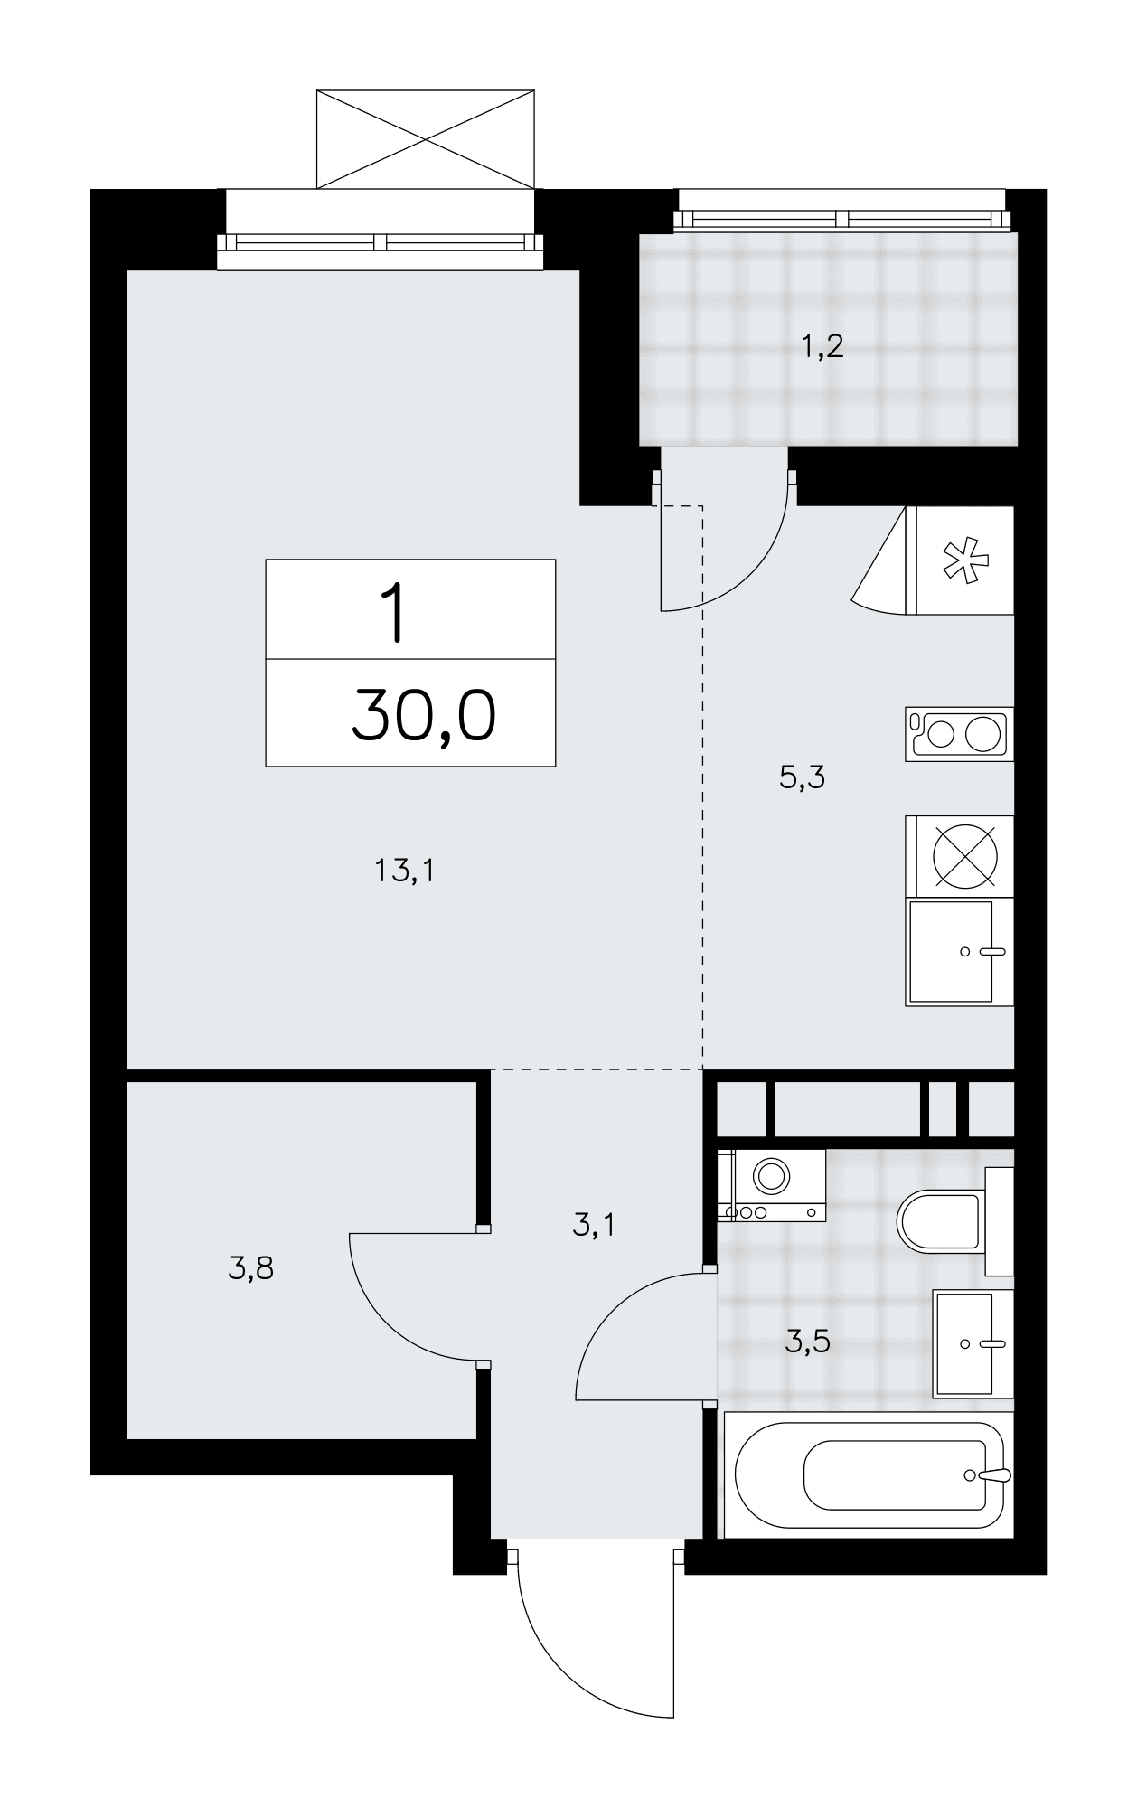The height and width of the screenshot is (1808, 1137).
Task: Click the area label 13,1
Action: coord(404,871)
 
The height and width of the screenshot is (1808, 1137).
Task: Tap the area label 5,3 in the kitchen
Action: coord(802,777)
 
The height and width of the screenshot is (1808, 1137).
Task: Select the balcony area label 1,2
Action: coord(822,345)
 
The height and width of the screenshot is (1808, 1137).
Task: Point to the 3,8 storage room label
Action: coord(250,1269)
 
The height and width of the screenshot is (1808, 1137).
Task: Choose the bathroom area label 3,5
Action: coord(807,1342)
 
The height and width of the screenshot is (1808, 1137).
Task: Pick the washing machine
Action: coord(771,1185)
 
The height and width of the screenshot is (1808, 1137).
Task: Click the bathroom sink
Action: coord(973,1343)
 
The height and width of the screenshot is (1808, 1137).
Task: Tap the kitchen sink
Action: coord(960,953)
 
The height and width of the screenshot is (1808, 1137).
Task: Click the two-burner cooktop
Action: coord(960,733)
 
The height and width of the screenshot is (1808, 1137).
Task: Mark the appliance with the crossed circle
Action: coord(964,856)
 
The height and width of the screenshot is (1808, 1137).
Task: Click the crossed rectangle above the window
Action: coord(425,138)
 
